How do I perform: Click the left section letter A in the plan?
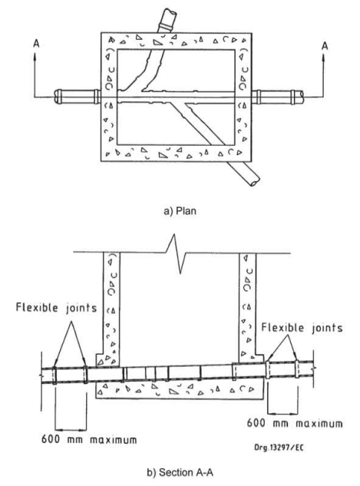(36, 44)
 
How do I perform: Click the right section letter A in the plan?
(325, 46)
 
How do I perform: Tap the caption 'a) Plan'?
(180, 211)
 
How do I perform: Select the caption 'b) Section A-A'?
(180, 472)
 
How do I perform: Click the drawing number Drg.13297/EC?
(279, 448)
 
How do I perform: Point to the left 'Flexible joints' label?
(56, 308)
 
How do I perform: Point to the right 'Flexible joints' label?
(302, 328)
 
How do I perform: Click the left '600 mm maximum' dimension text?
(89, 439)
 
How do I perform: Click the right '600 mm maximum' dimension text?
(295, 423)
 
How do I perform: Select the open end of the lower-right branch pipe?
(255, 182)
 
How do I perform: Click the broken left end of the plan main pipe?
(57, 97)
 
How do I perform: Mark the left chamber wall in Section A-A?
(111, 310)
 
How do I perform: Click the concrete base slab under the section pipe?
(180, 390)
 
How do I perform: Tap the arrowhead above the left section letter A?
(35, 56)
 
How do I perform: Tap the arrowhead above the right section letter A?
(323, 58)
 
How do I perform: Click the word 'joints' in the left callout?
(81, 309)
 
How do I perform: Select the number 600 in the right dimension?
(256, 423)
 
